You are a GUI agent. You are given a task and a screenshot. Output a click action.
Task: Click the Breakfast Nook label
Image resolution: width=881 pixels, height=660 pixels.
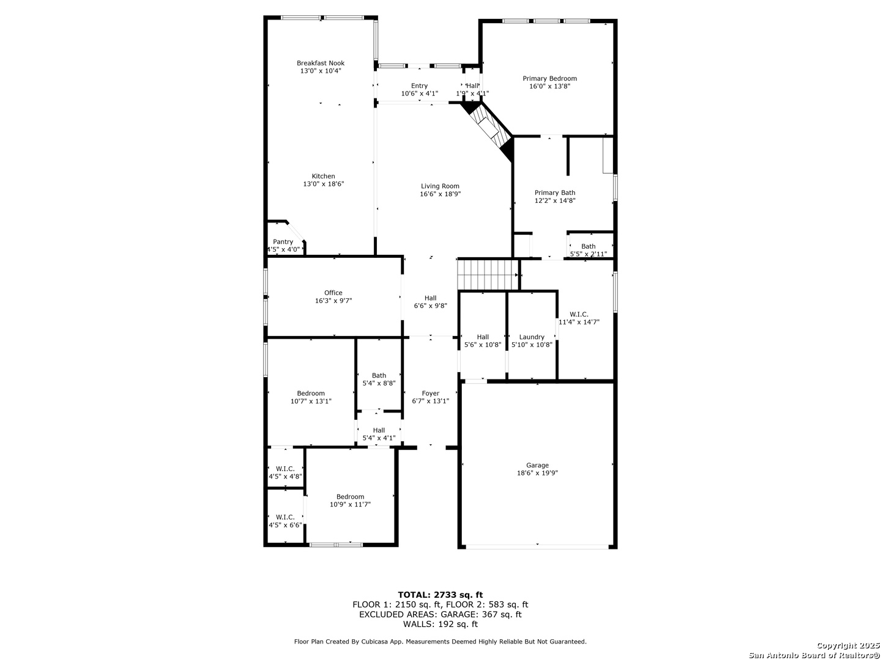point(321,63)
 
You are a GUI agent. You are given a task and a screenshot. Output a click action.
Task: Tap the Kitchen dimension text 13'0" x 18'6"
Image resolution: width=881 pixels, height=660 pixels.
point(324,184)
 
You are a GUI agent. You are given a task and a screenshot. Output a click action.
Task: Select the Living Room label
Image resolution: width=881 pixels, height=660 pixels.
point(440,186)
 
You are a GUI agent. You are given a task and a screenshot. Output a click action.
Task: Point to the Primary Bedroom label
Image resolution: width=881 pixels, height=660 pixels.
point(549,79)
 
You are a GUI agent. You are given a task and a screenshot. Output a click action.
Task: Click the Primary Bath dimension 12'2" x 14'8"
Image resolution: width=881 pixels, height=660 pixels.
point(555,200)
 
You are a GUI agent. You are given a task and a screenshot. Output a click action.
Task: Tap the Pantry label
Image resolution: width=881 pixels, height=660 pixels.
point(283,241)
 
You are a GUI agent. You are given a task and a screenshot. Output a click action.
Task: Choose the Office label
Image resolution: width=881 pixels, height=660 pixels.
point(333,293)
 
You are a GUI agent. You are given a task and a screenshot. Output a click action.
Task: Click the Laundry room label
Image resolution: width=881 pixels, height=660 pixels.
point(532,337)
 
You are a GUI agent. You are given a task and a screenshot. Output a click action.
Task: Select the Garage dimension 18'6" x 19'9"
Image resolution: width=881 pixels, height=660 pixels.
point(537,473)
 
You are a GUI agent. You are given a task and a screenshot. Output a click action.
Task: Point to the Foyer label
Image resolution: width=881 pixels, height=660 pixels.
point(431,393)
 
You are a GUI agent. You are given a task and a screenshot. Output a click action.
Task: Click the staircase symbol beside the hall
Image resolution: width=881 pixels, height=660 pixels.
point(488,274)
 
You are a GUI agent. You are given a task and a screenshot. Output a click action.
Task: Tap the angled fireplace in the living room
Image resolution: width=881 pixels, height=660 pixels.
point(487,127)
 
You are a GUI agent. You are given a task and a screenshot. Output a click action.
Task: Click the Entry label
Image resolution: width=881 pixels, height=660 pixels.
point(420,86)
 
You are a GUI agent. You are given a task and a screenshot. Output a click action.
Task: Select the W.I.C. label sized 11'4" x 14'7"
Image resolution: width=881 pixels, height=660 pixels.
point(579,314)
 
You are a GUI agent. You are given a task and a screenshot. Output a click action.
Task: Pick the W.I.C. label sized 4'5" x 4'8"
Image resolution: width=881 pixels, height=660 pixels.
point(285,469)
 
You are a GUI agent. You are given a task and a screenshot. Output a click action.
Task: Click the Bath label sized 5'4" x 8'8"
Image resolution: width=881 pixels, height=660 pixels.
point(379,375)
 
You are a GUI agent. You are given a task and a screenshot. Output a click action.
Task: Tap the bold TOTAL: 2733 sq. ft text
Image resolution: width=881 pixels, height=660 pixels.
point(441,595)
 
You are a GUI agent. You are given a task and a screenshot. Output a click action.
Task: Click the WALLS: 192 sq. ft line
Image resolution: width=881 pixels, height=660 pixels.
point(441,624)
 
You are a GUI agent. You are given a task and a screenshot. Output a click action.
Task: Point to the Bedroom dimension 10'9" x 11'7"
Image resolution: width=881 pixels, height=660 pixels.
point(350,505)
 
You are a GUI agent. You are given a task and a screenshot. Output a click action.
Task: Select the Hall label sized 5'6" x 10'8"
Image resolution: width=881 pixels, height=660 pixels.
point(483,337)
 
